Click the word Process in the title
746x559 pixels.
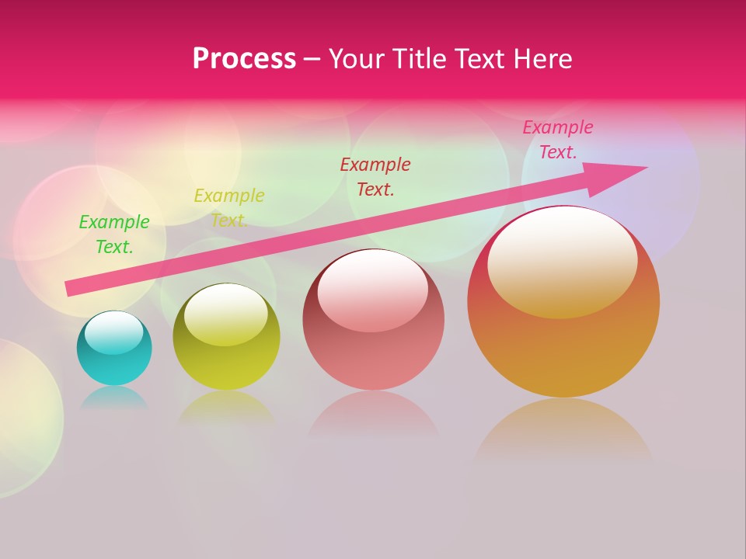pyautogui.click(x=244, y=58)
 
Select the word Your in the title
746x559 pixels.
pyautogui.click(x=357, y=58)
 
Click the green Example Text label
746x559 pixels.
pyautogui.click(x=114, y=234)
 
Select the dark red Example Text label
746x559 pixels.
pyautogui.click(x=375, y=176)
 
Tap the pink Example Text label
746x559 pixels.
pyautogui.click(x=558, y=140)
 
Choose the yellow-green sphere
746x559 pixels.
pyautogui.click(x=226, y=361)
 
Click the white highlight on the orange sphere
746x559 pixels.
pyautogui.click(x=562, y=260)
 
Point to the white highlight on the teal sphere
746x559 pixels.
pyautogui.click(x=113, y=332)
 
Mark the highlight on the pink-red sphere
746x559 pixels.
pyautogui.click(x=372, y=289)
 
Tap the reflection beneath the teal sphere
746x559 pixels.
pyautogui.click(x=114, y=398)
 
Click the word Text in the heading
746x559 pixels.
pyautogui.click(x=483, y=58)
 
